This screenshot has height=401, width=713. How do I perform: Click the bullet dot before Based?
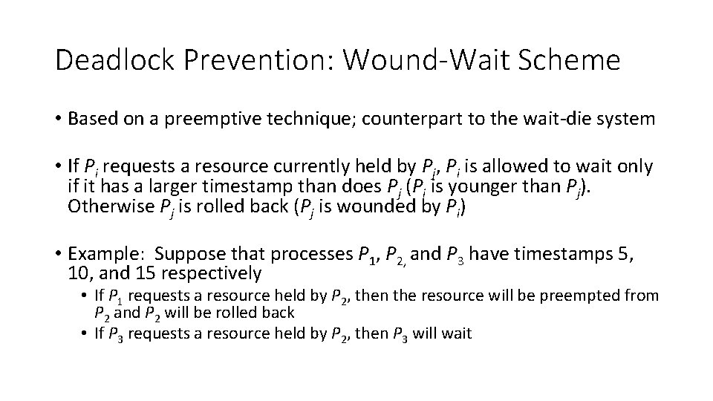click(59, 120)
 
